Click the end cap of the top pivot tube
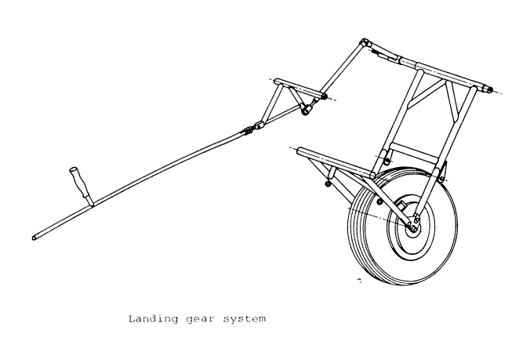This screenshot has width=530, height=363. pyautogui.click(x=491, y=89)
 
